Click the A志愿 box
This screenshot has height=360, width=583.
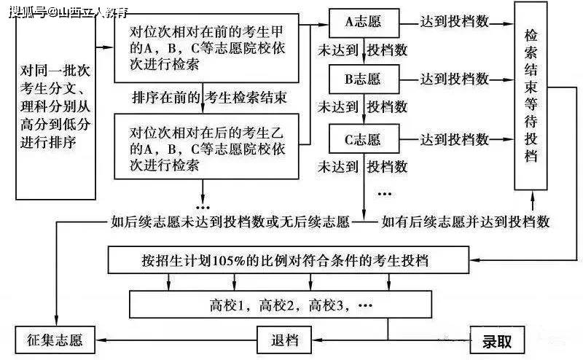(x=364, y=23)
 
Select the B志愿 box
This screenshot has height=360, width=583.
(x=364, y=79)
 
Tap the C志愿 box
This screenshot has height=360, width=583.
(x=364, y=139)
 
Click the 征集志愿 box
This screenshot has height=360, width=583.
(x=55, y=340)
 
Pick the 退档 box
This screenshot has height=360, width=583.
(x=284, y=340)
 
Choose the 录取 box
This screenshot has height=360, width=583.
(x=497, y=340)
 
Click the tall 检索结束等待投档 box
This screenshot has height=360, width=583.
(x=531, y=95)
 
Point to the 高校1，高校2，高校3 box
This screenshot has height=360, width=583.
(x=281, y=304)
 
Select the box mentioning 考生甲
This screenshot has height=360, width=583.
(x=206, y=48)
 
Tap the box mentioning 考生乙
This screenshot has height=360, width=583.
(x=206, y=146)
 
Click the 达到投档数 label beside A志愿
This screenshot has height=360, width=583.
(x=454, y=22)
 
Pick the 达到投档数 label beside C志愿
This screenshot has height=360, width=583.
(x=454, y=139)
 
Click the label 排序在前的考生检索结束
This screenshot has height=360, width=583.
(x=209, y=98)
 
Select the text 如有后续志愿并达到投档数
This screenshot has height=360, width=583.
(x=466, y=222)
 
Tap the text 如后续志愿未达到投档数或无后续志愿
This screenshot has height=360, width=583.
(x=230, y=222)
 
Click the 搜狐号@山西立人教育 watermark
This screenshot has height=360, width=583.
(x=69, y=12)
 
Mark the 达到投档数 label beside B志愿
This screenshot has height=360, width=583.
(x=454, y=79)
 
